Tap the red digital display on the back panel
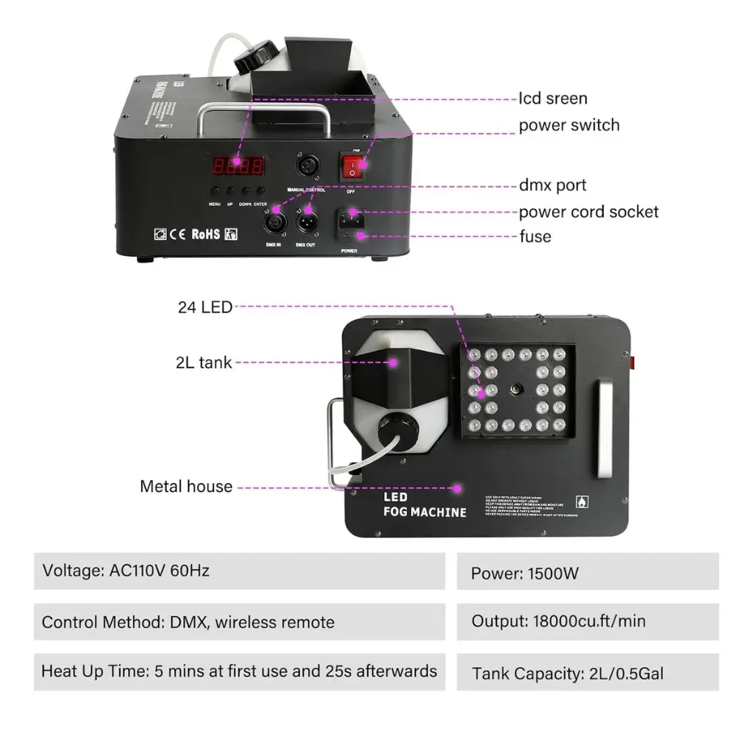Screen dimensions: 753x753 pyautogui.click(x=237, y=165)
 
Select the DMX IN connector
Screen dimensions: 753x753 pyautogui.click(x=274, y=221)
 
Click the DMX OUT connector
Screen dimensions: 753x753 pyautogui.click(x=305, y=221)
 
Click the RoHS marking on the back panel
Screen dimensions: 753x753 pyautogui.click(x=205, y=234)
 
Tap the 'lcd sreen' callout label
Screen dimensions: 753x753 pyautogui.click(x=552, y=99)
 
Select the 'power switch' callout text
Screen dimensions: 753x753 pyautogui.click(x=568, y=125)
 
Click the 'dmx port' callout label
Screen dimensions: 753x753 pyautogui.click(x=552, y=185)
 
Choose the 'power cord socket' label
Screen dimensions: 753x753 pyautogui.click(x=588, y=212)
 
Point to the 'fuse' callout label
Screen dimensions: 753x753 pyautogui.click(x=535, y=236)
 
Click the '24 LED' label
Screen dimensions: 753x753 pyautogui.click(x=204, y=307)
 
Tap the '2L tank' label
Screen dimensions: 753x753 pyautogui.click(x=204, y=362)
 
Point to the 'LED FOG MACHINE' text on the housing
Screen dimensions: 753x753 pyautogui.click(x=424, y=504)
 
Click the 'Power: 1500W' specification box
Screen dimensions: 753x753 pyautogui.click(x=587, y=572)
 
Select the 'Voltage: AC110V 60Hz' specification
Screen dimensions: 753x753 pyautogui.click(x=239, y=571)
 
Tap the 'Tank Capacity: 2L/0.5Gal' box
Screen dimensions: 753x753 pyautogui.click(x=587, y=672)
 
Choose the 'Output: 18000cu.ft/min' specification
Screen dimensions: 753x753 pyautogui.click(x=587, y=621)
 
